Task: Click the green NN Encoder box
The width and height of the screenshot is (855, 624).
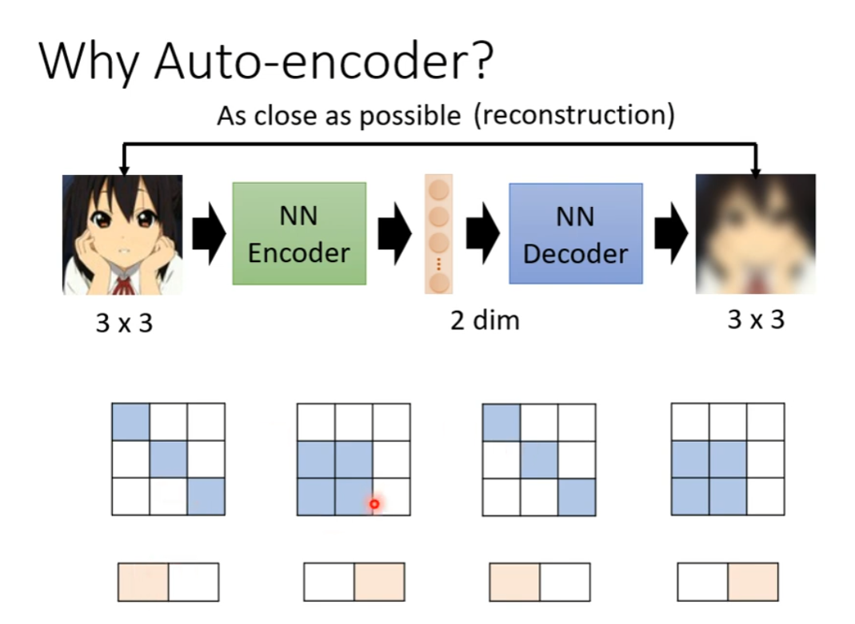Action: (299, 233)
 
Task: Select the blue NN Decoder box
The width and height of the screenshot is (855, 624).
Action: (575, 233)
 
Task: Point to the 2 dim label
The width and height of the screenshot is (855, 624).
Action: (485, 320)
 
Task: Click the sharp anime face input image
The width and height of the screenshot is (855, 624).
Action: (122, 234)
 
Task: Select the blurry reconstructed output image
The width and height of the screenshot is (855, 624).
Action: (755, 234)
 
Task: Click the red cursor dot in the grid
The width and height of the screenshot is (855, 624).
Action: (374, 504)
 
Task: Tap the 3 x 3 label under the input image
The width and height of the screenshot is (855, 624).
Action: (123, 325)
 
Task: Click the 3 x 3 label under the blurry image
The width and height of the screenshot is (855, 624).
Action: (756, 320)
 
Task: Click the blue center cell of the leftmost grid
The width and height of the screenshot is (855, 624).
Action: (168, 459)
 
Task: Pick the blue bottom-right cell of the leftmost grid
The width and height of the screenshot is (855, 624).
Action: (206, 496)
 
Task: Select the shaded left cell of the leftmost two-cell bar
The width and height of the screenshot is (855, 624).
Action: (143, 582)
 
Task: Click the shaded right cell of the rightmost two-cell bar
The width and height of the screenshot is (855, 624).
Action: (752, 582)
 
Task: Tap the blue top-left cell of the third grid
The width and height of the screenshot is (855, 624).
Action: (501, 421)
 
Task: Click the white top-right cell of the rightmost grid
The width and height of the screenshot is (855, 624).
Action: (765, 421)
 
